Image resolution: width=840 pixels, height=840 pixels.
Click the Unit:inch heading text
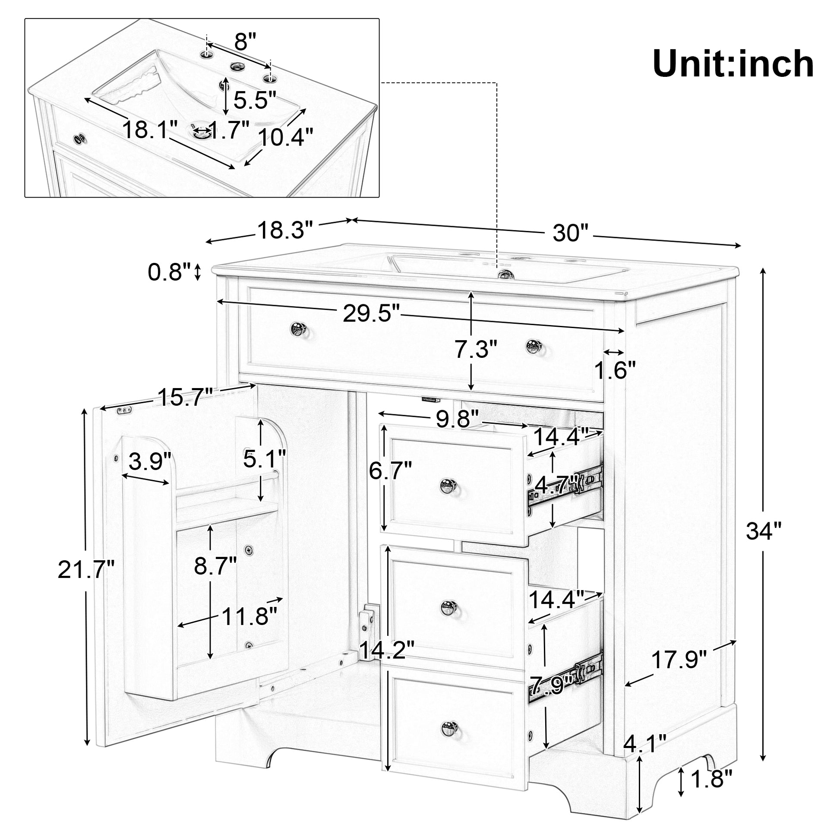coord(733,64)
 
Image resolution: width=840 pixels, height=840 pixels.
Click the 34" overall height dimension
coord(764,531)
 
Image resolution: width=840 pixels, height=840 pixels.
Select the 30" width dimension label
coord(571,234)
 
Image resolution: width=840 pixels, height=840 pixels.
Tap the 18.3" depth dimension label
coord(285,231)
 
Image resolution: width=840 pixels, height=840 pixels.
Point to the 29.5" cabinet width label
coord(370,313)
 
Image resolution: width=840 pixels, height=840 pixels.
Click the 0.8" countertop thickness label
coord(169,272)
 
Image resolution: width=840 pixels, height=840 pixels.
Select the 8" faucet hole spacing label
coord(246,42)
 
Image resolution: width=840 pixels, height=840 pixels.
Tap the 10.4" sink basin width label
coord(285,137)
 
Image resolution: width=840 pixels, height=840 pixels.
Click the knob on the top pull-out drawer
coord(447,484)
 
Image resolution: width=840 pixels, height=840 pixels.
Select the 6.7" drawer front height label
coord(390,471)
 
